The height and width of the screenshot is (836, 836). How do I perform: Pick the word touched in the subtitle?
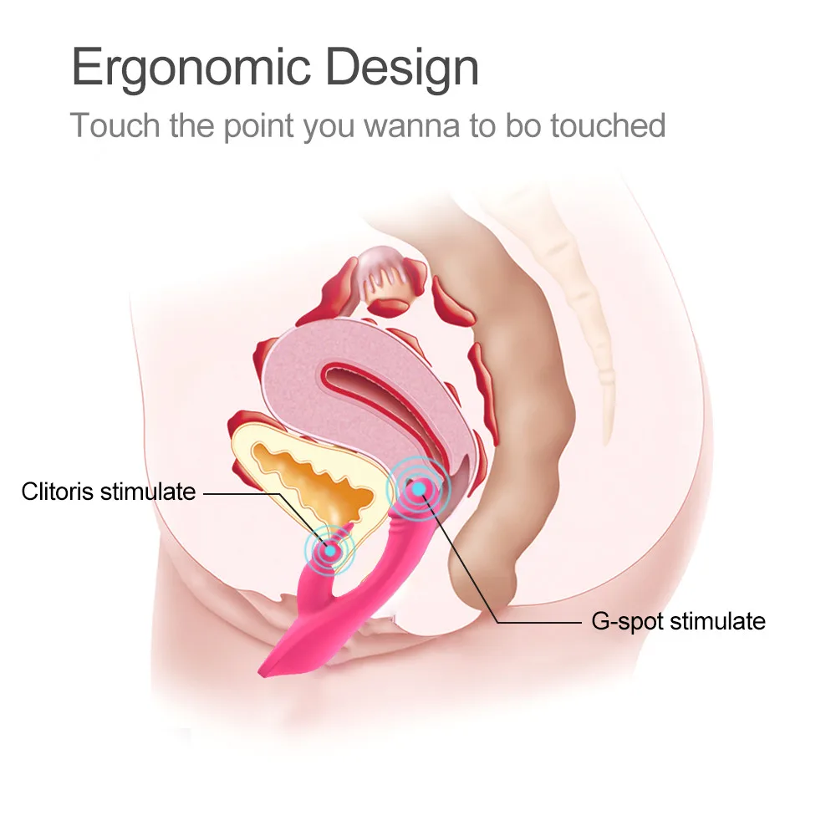(x=614, y=125)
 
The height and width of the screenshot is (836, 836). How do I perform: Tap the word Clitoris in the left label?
(x=58, y=492)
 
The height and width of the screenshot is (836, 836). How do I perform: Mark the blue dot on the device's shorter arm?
(x=331, y=549)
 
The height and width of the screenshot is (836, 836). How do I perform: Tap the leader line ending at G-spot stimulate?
(x=535, y=622)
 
